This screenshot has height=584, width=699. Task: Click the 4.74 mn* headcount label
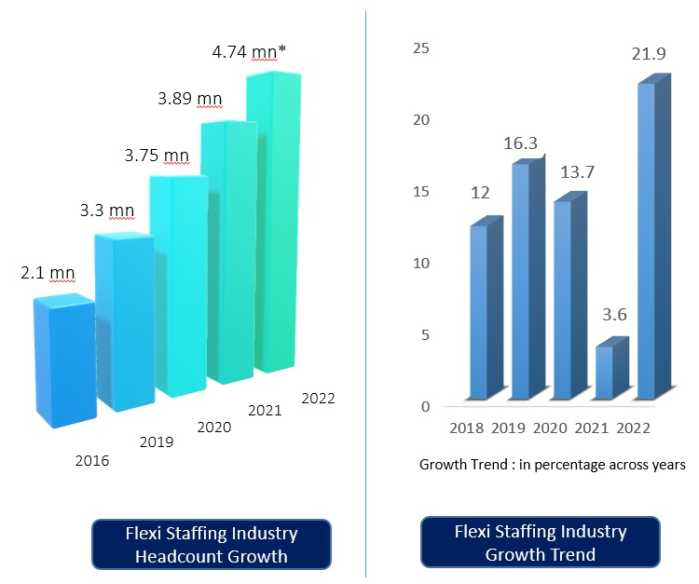click(x=247, y=52)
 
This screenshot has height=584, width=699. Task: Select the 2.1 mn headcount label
click(x=47, y=274)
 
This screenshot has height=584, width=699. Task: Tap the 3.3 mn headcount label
click(x=107, y=211)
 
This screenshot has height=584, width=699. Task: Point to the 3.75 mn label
click(x=157, y=156)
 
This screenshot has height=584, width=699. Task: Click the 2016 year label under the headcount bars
click(x=91, y=461)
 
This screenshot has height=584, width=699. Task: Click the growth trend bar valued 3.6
click(x=605, y=373)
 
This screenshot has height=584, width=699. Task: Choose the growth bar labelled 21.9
click(x=645, y=242)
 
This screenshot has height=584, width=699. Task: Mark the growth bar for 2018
click(x=479, y=312)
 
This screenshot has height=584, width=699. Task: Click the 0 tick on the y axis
click(x=425, y=407)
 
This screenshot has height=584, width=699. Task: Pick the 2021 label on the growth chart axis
click(x=592, y=428)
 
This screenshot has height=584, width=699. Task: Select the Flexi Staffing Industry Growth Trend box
click(x=541, y=543)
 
